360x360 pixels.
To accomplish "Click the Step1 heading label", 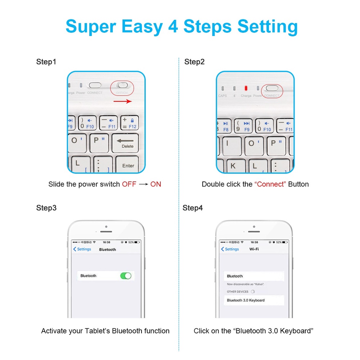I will pyautogui.click(x=46, y=62).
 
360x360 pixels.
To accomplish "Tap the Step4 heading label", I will pyautogui.click(x=193, y=208).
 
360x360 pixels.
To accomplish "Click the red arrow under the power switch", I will pyautogui.click(x=122, y=102).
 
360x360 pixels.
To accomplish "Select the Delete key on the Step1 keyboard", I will pyautogui.click(x=125, y=143).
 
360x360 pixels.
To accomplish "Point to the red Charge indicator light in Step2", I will pyautogui.click(x=246, y=88).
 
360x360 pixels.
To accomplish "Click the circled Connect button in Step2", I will pyautogui.click(x=272, y=88).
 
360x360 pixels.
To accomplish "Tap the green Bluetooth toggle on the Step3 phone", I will pyautogui.click(x=126, y=276).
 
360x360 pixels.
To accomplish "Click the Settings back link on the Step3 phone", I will pyautogui.click(x=82, y=249).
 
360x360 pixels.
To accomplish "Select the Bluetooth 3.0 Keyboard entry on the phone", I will pyautogui.click(x=246, y=300).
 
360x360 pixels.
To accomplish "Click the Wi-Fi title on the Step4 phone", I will pyautogui.click(x=254, y=249).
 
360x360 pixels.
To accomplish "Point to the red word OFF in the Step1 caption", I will pyautogui.click(x=129, y=184).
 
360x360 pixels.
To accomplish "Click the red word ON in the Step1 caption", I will pyautogui.click(x=156, y=184).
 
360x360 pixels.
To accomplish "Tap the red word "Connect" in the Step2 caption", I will pyautogui.click(x=270, y=184).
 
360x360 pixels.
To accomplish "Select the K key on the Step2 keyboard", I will pyautogui.click(x=233, y=166).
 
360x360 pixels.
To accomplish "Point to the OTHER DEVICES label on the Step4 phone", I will pyautogui.click(x=238, y=292).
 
